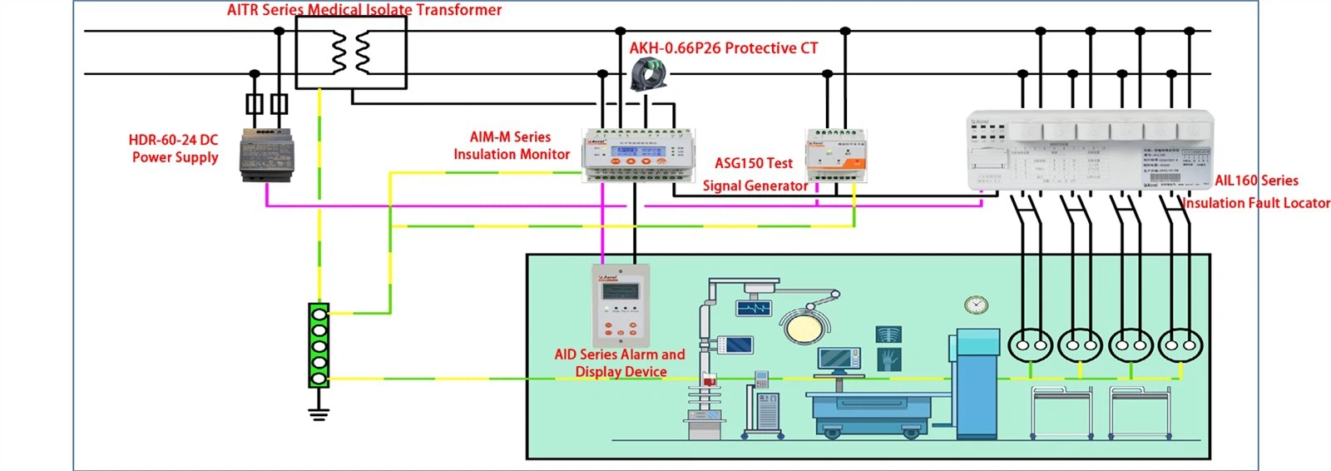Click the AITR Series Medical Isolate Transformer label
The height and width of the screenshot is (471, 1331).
(364, 10)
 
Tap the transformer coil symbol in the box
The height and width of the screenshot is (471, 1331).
(351, 53)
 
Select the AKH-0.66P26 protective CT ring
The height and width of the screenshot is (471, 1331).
(648, 74)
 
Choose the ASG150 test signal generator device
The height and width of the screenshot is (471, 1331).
(836, 156)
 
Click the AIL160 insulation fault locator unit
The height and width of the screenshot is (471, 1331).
(1090, 151)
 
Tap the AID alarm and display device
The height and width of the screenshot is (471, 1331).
(620, 304)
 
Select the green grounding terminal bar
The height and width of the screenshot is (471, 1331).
(319, 345)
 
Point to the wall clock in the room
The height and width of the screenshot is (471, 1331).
(976, 305)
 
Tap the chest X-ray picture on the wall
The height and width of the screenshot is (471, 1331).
(889, 335)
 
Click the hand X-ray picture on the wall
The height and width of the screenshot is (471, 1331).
(889, 359)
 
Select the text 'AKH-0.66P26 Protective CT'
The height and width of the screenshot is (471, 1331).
(723, 48)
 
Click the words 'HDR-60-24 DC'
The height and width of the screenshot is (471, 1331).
(173, 140)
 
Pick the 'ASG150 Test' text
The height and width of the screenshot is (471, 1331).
(754, 163)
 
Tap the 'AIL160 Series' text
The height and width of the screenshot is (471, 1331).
(1256, 181)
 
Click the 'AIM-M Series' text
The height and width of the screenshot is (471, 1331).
(510, 137)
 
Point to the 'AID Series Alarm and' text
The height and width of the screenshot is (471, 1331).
(620, 354)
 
